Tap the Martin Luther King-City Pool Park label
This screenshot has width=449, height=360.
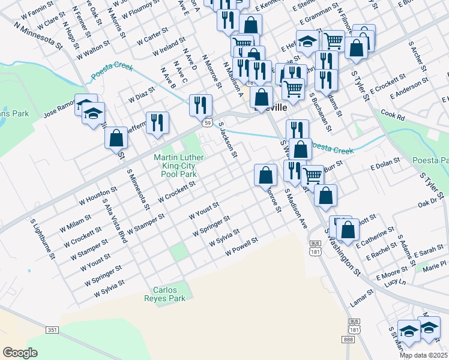pyautogui.click(x=179, y=166)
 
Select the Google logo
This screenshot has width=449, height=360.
pyautogui.click(x=20, y=353)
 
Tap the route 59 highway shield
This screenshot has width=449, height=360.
pyautogui.click(x=206, y=122)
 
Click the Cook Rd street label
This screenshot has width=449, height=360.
pyautogui.click(x=393, y=115)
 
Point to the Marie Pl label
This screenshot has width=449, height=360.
pyautogui.click(x=435, y=263)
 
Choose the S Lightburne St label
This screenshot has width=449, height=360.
pyautogui.click(x=43, y=238)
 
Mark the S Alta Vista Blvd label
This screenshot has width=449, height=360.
pyautogui.click(x=115, y=220)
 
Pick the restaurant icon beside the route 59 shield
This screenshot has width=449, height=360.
pyautogui.click(x=200, y=105)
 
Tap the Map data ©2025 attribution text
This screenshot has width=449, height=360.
pyautogui.click(x=424, y=355)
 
